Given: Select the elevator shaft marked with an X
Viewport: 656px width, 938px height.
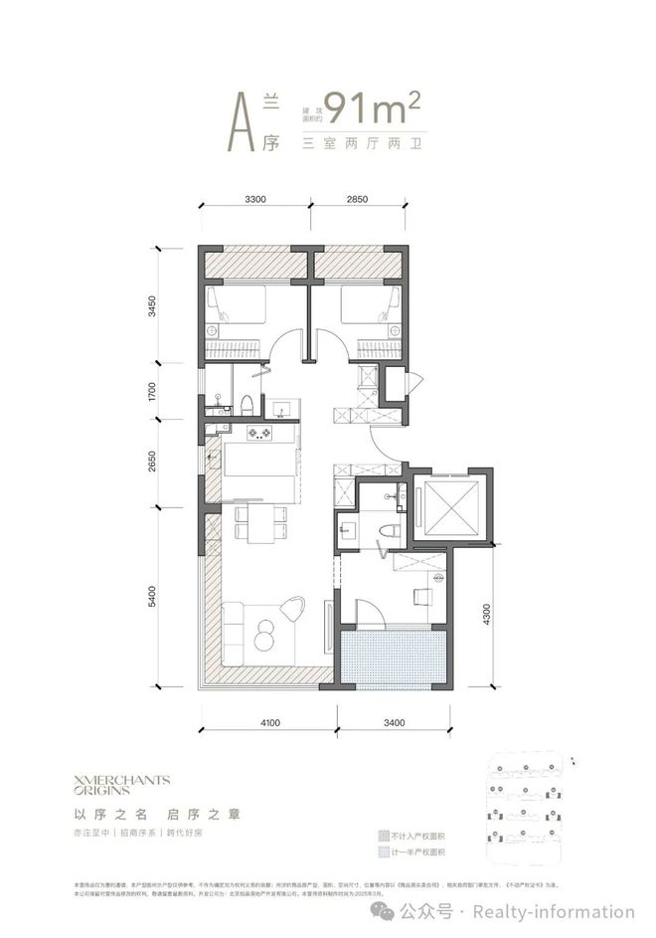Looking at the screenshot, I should (x=450, y=507).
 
